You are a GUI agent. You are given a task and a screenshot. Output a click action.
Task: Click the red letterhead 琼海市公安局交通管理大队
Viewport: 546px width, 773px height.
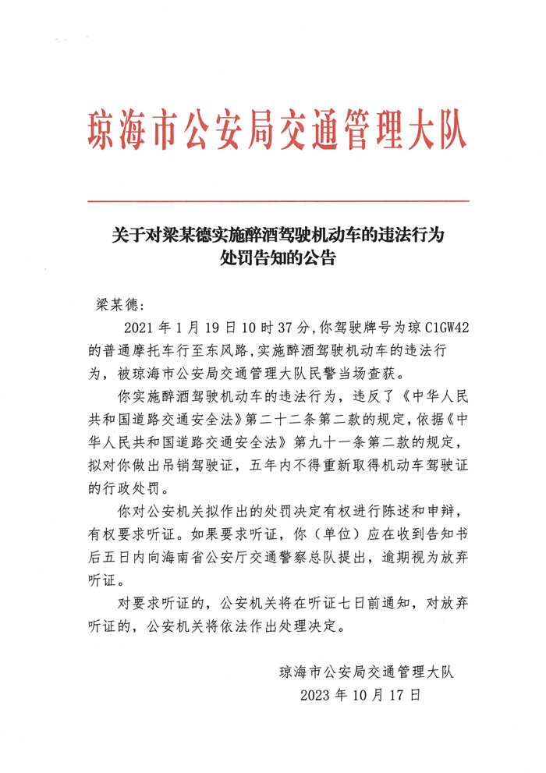[278, 129]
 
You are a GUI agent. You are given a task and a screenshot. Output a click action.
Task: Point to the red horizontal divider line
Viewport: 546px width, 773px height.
[278, 201]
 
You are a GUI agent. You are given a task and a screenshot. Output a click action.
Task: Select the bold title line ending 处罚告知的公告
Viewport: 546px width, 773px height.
[278, 257]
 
